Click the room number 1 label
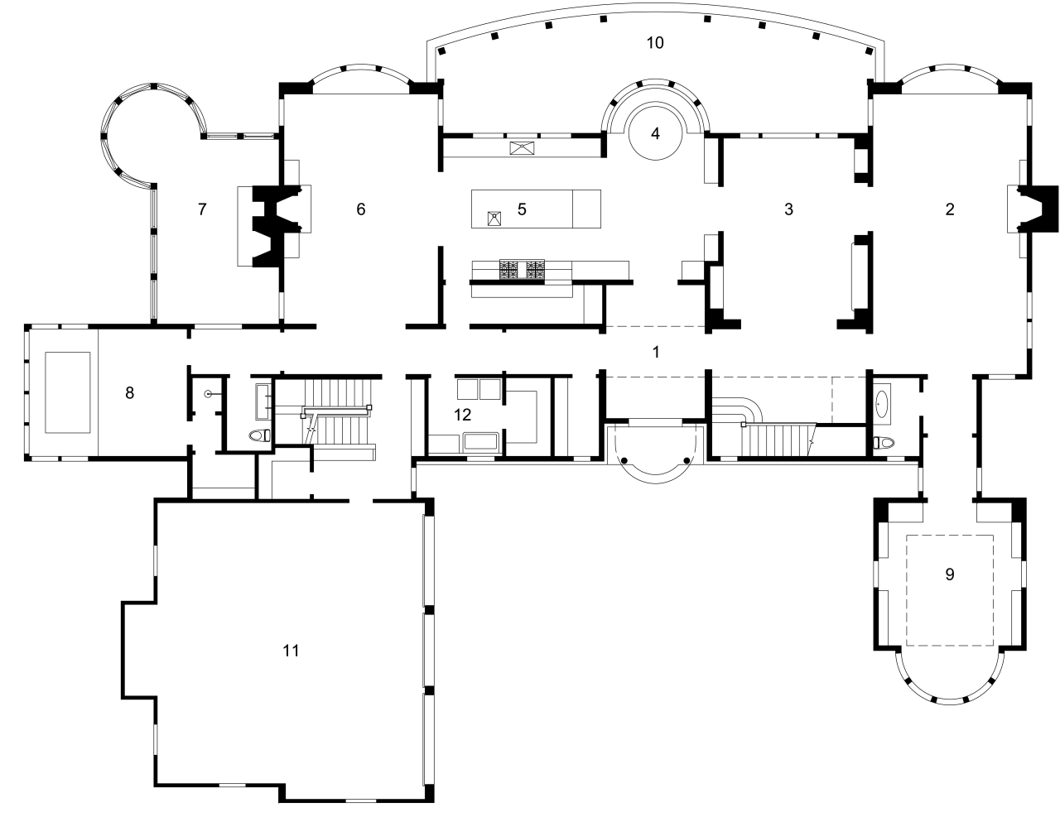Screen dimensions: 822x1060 point(656,352)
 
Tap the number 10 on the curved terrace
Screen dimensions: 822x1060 point(655,42)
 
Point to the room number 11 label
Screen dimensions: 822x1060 point(291,651)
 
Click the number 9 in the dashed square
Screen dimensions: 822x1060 point(950,574)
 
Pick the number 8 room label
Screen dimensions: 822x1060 point(129,392)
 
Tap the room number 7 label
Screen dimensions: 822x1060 point(202,209)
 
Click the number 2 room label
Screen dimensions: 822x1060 point(950,209)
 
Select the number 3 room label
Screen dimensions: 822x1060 point(788,209)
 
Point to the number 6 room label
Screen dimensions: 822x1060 point(361,209)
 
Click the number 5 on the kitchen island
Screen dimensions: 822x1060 point(522,209)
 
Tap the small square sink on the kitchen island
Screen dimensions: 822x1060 point(494,219)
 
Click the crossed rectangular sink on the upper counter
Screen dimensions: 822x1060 point(523,148)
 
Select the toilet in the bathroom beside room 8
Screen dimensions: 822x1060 point(259,435)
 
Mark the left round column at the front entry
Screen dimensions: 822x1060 point(626,459)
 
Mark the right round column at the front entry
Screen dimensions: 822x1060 point(687,459)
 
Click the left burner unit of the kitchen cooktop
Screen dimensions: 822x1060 point(508,269)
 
